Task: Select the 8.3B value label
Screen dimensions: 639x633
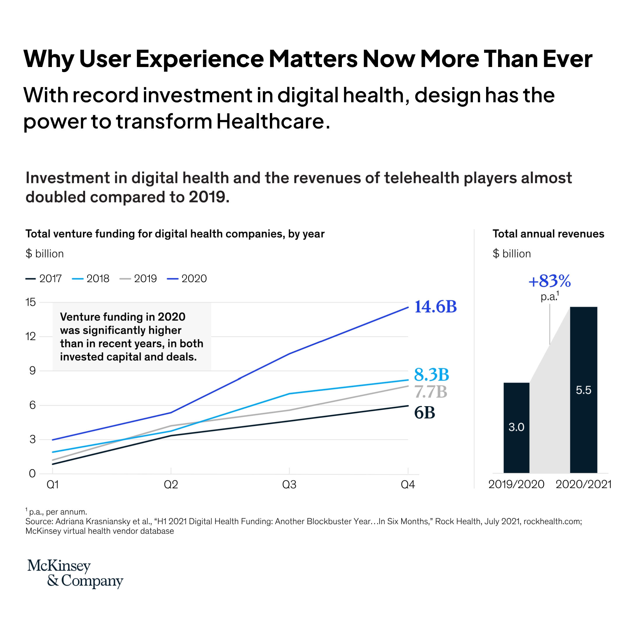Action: pos(431,374)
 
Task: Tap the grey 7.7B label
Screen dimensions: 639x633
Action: pos(430,392)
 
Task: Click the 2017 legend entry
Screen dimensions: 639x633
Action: pos(44,279)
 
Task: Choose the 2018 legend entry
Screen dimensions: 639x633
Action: pos(91,279)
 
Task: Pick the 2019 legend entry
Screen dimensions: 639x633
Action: pos(138,279)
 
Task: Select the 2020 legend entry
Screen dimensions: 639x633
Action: pos(187,279)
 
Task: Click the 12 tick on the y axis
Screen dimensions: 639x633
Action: pos(30,336)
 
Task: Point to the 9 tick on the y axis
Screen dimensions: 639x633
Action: pos(32,370)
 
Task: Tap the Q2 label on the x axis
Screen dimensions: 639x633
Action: pos(171,485)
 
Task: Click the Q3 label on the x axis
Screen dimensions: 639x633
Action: pos(289,485)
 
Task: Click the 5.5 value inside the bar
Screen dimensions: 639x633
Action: pos(583,390)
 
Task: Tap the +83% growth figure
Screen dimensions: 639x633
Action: pos(549,281)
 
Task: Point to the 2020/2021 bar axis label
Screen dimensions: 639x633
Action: pos(583,484)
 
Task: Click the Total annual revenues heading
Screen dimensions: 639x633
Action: pos(548,234)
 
